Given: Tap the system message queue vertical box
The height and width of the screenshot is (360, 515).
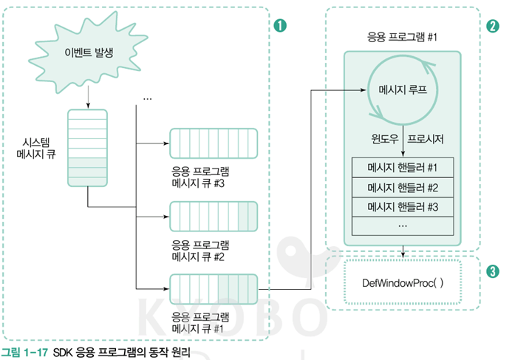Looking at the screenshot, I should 87,148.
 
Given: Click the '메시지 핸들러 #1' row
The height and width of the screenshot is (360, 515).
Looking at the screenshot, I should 403,167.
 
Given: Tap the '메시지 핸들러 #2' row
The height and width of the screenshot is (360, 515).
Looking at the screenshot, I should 403,186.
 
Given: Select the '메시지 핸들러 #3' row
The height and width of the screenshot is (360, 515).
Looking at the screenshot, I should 403,206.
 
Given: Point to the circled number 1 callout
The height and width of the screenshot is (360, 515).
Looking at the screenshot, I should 279,26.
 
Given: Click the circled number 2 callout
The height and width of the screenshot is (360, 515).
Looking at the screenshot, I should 493,26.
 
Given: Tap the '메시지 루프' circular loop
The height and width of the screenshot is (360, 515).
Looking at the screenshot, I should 403,90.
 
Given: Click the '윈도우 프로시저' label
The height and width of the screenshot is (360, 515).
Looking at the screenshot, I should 403,138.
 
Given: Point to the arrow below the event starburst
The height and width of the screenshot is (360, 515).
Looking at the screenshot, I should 88,95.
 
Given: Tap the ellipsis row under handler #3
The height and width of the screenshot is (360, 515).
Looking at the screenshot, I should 403,224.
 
